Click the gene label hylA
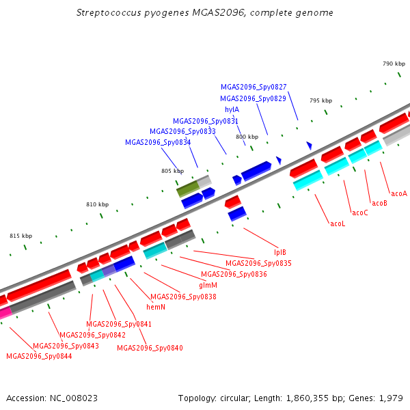[x=232, y=109]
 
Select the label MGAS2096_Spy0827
[x=254, y=87]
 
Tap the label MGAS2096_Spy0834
[x=158, y=142]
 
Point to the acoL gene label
[x=338, y=224]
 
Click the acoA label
[x=399, y=194]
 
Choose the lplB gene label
[x=280, y=252]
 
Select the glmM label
[x=208, y=285]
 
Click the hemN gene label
[x=156, y=307]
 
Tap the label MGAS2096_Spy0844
[x=39, y=357]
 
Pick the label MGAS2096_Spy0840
[x=150, y=348]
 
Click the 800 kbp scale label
[x=247, y=137]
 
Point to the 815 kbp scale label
[x=21, y=236]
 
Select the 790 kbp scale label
[x=394, y=64]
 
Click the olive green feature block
[x=188, y=189]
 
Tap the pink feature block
[x=5, y=313]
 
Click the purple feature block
[x=109, y=271]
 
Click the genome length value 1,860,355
[x=307, y=398]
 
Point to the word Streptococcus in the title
[x=109, y=13]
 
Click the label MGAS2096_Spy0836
[x=234, y=274]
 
